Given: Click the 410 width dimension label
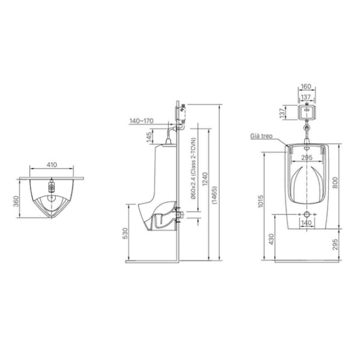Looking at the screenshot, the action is point(52,164).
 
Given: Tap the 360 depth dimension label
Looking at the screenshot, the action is point(16,201).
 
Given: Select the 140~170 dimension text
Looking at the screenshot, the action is point(142,121).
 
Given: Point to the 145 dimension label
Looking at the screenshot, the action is point(149,137).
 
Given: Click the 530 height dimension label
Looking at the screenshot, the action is point(125,233).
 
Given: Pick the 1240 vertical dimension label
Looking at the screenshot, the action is point(204,179).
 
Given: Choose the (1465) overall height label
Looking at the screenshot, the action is point(214,195).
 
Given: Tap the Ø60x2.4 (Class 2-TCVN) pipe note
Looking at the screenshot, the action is point(193,168).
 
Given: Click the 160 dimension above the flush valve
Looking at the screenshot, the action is point(306,86).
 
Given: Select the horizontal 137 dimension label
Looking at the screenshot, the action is point(306,97).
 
